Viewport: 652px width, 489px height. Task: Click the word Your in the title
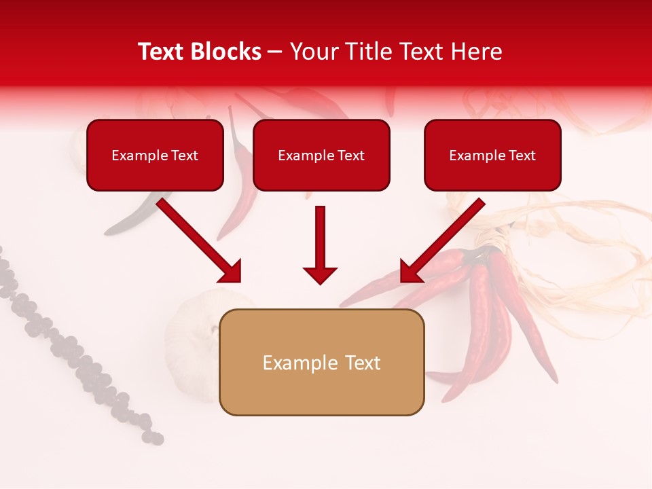click(314, 52)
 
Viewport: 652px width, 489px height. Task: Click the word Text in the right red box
click(522, 156)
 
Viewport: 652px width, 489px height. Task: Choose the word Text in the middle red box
click(350, 156)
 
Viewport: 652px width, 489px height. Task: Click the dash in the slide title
click(275, 52)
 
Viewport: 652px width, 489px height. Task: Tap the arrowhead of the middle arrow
click(320, 275)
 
